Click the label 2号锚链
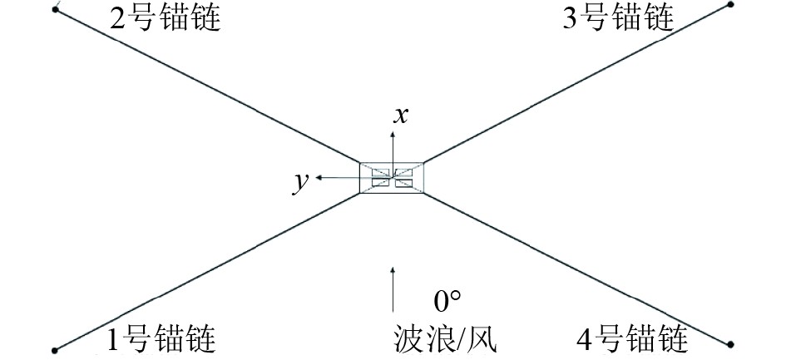[x=166, y=17]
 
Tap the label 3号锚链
[x=618, y=17]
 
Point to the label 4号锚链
[x=633, y=339]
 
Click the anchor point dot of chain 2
[x=55, y=10]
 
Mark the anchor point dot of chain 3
[x=731, y=4]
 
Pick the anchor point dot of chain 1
[x=55, y=349]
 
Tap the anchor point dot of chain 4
[x=731, y=343]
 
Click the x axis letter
[x=401, y=115]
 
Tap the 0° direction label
[x=447, y=300]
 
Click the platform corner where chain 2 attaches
[x=360, y=163]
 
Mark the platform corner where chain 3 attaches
[x=423, y=163]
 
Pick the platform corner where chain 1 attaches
[x=360, y=194]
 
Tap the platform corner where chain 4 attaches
[x=423, y=194]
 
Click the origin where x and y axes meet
[x=392, y=178]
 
